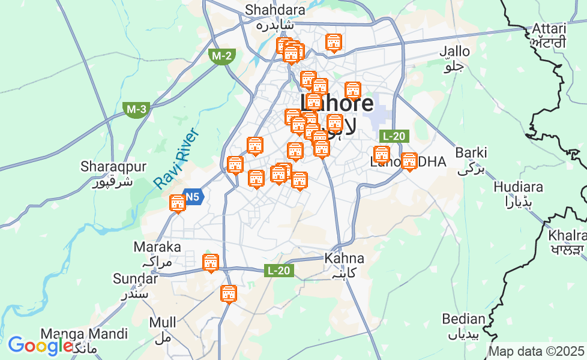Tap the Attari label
coord(549,29)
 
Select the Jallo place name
coord(454,52)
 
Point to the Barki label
coord(471,152)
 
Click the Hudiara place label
coord(518,187)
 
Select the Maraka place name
coord(157,247)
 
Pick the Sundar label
coord(135,278)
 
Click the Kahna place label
coord(344,259)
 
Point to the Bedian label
coord(463,319)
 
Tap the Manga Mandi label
coord(84,334)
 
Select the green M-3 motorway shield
coord(136,109)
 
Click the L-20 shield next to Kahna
coord(278,271)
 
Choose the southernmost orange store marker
coord(228,294)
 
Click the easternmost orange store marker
coord(409,161)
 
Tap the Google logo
coord(40,346)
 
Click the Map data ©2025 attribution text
coord(536,351)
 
